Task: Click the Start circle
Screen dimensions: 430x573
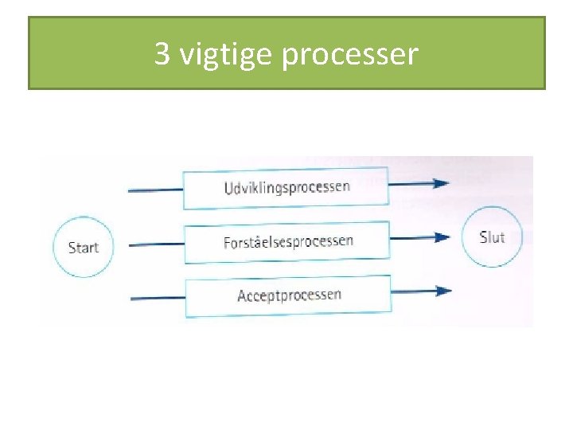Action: pos(83,247)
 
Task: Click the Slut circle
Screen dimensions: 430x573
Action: pos(492,236)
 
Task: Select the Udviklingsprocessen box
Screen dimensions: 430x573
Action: pos(286,187)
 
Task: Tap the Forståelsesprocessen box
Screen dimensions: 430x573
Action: pos(287,242)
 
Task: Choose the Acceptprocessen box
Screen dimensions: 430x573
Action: pos(288,295)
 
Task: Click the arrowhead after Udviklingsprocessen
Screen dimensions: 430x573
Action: pos(439,183)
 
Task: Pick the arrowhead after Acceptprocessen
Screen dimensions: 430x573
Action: pos(442,291)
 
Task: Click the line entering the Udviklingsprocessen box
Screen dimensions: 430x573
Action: pos(155,190)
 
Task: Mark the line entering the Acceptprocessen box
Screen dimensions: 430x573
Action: pos(157,298)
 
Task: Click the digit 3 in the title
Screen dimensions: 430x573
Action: pos(162,54)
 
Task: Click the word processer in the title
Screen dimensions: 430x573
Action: pos(349,55)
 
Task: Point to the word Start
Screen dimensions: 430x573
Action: pos(83,247)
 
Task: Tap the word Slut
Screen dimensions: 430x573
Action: pos(492,236)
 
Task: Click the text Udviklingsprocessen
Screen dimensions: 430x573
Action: pos(286,187)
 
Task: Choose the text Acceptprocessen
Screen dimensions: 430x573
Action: pos(289,295)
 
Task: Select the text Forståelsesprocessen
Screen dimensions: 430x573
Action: pos(288,241)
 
